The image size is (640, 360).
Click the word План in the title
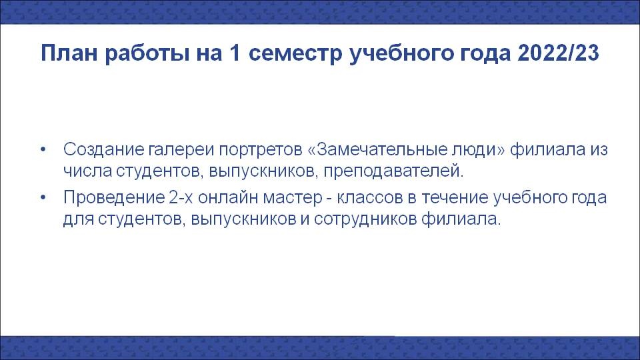[x=70, y=53]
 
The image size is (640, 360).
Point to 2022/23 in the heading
[x=558, y=53]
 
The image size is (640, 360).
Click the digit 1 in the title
[x=235, y=53]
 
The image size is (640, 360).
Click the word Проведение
[x=113, y=197]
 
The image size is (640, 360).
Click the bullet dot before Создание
[x=44, y=149]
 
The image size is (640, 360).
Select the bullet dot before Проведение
[x=44, y=197]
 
